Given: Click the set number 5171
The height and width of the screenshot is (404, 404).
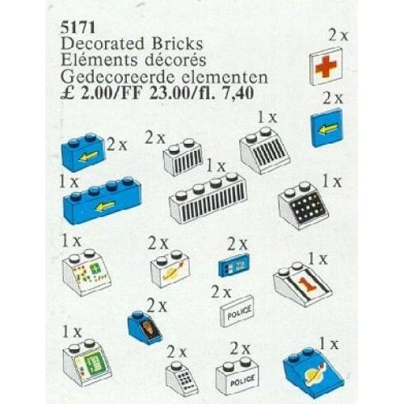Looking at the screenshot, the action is (78, 27).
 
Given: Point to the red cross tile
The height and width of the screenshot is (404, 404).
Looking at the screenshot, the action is (326, 66).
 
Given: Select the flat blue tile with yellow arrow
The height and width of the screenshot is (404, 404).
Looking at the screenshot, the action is (326, 128).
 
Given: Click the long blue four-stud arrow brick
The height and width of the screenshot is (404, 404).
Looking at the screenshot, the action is (103, 200).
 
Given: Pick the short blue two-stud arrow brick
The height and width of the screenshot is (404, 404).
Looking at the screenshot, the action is (83, 152).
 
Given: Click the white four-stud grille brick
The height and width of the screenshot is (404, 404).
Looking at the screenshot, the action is (208, 198).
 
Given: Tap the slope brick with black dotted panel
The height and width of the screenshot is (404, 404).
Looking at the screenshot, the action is (303, 205).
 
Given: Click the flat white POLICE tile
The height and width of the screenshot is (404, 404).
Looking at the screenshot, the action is (237, 311).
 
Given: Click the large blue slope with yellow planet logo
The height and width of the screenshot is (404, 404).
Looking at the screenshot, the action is (314, 373).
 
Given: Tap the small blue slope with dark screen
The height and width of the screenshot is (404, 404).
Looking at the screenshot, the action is (145, 328).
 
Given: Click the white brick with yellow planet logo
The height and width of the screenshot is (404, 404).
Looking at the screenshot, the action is (170, 269).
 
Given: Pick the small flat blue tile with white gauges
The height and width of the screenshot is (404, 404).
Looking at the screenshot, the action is (234, 265).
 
